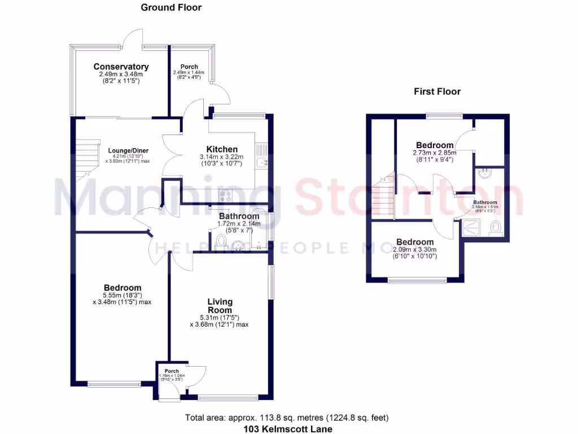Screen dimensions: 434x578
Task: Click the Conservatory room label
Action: click(x=121, y=67)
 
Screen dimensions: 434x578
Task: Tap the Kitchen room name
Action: click(x=222, y=149)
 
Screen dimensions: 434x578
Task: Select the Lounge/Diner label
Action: click(x=128, y=150)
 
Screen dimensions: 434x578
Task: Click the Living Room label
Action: click(x=220, y=306)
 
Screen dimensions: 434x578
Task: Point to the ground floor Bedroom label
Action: click(x=122, y=288)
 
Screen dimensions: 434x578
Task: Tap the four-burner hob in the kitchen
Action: click(x=226, y=195)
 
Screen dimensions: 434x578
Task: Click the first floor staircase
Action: click(x=383, y=195)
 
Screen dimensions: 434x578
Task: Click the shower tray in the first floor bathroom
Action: click(x=469, y=228)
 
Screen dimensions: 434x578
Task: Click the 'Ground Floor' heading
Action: click(x=170, y=7)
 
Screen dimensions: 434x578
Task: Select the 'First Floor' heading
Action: click(x=437, y=91)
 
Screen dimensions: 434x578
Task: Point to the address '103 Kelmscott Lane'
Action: click(x=287, y=429)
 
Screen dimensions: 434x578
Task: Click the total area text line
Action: click(x=287, y=418)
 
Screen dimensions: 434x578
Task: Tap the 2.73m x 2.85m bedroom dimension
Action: click(x=434, y=153)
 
